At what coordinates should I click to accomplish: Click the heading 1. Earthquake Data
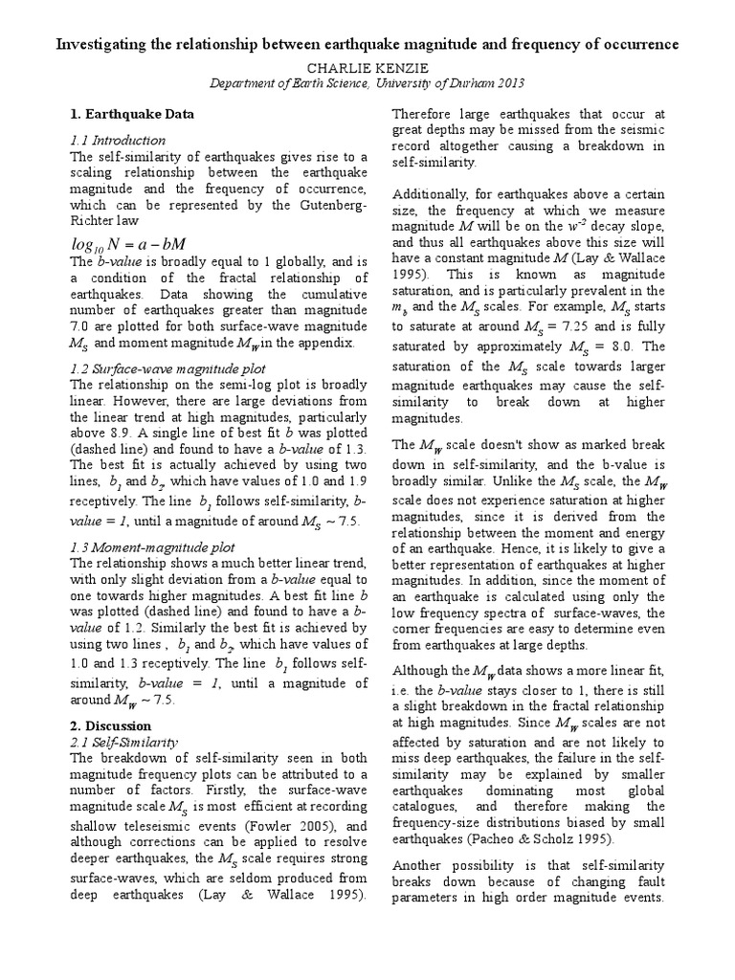(133, 114)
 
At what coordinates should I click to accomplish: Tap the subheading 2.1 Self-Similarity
(121, 742)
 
